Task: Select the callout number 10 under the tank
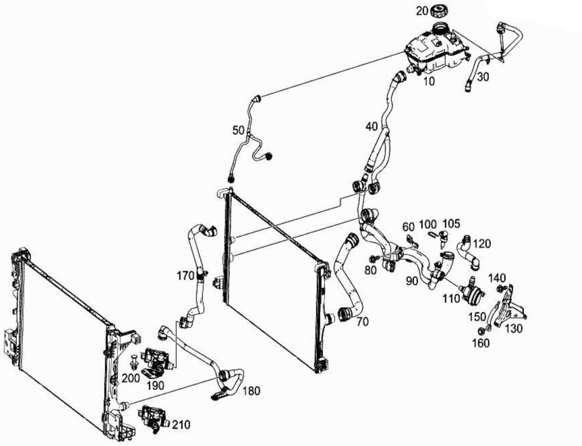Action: coord(429,81)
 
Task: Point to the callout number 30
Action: coord(483,77)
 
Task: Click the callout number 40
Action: coord(371,126)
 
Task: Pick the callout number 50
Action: coord(238,129)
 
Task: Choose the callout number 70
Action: coord(362,322)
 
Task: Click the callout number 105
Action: coord(452,223)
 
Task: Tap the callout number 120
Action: coord(482,243)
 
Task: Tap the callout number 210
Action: coord(180,425)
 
